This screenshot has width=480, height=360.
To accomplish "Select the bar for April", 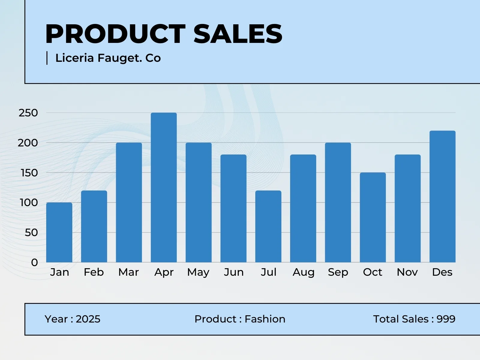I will [164, 187].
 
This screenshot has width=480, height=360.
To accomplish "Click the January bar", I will [59, 232].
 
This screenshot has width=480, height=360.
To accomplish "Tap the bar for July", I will [268, 226].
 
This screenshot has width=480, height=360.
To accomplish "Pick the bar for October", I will [373, 217].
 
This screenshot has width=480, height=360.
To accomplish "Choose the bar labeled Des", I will [442, 196].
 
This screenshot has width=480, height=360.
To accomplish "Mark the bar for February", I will [94, 226].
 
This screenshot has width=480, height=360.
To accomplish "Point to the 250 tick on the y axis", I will [28, 113].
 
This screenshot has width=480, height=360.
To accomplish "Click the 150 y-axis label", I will [29, 173].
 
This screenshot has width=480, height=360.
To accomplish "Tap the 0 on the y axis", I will [34, 262].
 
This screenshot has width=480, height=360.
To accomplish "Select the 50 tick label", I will [31, 232].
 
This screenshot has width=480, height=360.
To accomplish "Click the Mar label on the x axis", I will [129, 272].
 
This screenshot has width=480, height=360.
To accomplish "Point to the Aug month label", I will [303, 272].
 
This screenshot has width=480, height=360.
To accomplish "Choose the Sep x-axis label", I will [338, 272].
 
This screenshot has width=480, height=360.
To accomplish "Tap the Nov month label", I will [407, 272].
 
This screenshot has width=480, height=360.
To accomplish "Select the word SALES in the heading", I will [238, 34].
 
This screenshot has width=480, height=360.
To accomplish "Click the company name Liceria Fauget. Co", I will [108, 58].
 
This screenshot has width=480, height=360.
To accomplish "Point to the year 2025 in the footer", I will [88, 319].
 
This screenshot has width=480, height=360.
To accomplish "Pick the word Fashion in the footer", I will [265, 319].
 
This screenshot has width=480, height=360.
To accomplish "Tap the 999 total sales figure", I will [446, 319].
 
